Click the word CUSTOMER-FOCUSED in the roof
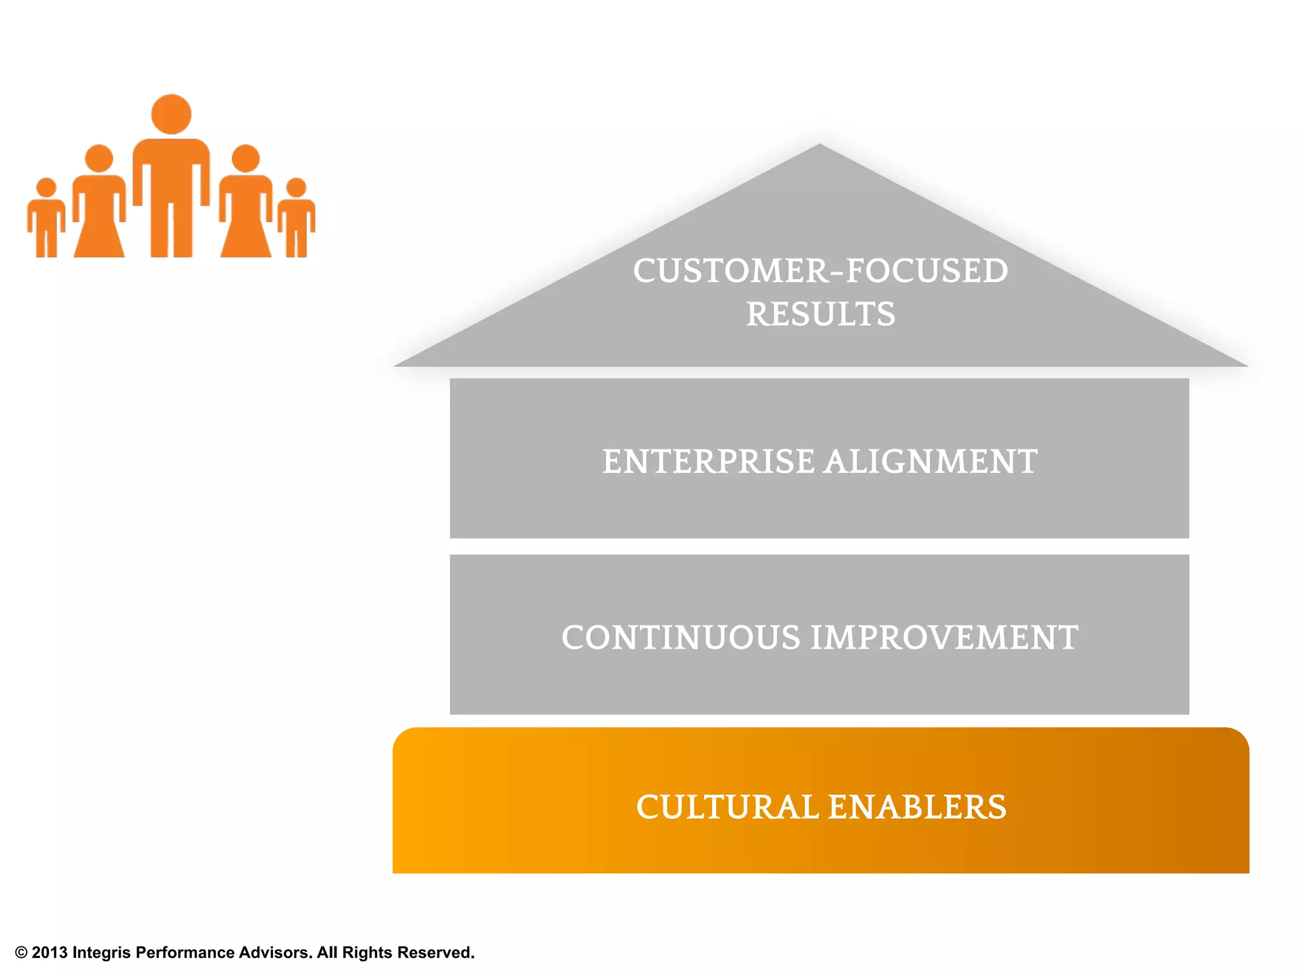pyautogui.click(x=820, y=271)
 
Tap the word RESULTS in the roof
pyautogui.click(x=820, y=315)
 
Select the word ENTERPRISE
pyautogui.click(x=708, y=461)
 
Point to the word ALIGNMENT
pyautogui.click(x=931, y=461)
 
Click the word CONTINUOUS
pyautogui.click(x=680, y=638)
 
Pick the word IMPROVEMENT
pyautogui.click(x=944, y=638)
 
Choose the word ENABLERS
pyautogui.click(x=917, y=807)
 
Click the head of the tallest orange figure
pyautogui.click(x=171, y=114)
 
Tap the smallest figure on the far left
pyautogui.click(x=46, y=219)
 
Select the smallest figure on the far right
pyautogui.click(x=296, y=219)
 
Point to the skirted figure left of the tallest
pyautogui.click(x=99, y=203)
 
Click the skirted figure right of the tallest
pyautogui.click(x=246, y=203)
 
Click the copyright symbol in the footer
pyautogui.click(x=22, y=953)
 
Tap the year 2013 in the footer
pyautogui.click(x=50, y=953)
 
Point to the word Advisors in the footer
pyautogui.click(x=275, y=953)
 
